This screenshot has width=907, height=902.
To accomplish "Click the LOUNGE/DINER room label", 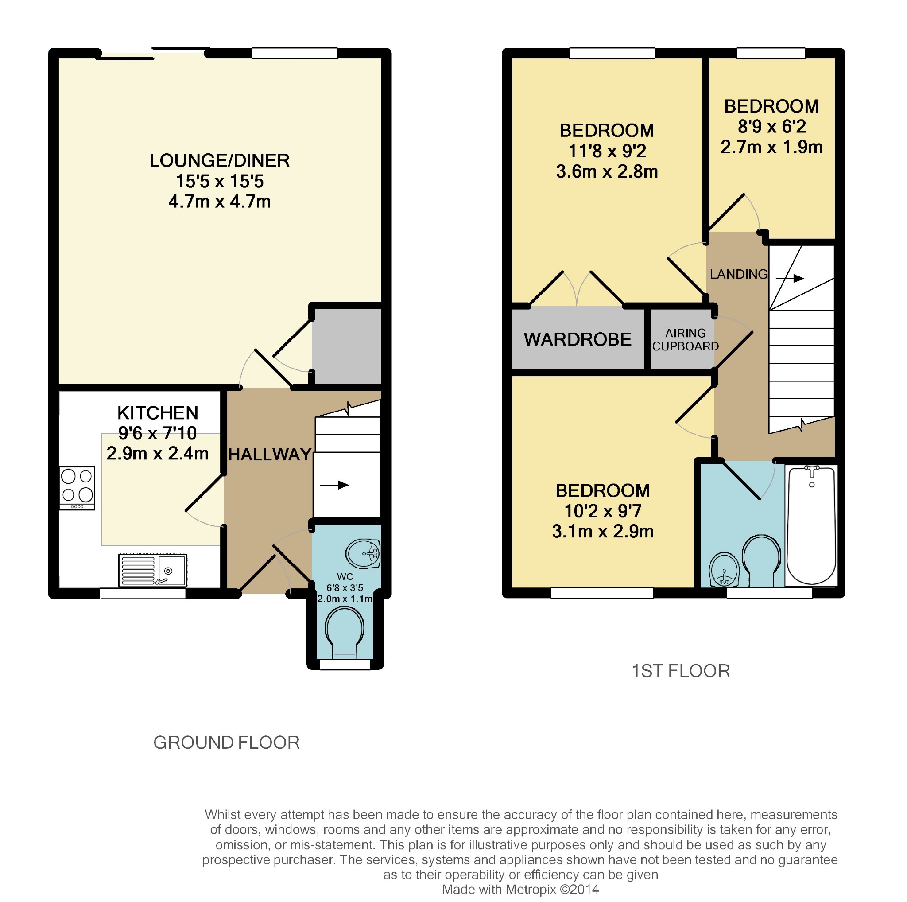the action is click(x=219, y=160).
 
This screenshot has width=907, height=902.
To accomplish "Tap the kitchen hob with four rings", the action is click(x=77, y=487).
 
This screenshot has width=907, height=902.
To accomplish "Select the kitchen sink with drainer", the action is click(x=153, y=570).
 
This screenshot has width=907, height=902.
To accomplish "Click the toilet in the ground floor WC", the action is click(x=345, y=632).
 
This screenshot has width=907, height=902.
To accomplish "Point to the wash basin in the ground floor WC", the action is click(x=363, y=554).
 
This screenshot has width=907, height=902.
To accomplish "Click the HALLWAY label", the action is click(x=270, y=455).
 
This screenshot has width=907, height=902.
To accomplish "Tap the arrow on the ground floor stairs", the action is click(x=334, y=485).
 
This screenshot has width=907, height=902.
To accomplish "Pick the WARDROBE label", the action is click(x=578, y=339).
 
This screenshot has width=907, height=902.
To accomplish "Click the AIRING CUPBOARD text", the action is click(x=686, y=339).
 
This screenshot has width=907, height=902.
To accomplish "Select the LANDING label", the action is click(x=738, y=274).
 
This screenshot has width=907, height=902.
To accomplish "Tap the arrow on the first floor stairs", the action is click(x=790, y=278).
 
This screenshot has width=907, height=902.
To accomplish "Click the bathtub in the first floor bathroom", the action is click(x=811, y=525).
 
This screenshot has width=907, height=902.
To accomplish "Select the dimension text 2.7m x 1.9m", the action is click(x=771, y=148).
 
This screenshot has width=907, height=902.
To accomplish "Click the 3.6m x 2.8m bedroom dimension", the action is click(x=607, y=172).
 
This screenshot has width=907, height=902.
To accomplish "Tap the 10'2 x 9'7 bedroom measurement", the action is click(x=603, y=511).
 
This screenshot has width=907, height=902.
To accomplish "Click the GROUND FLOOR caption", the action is click(x=226, y=743).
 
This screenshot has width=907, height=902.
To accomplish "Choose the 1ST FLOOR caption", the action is click(x=681, y=671).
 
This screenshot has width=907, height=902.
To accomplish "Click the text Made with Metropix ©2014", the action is click(x=521, y=889).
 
